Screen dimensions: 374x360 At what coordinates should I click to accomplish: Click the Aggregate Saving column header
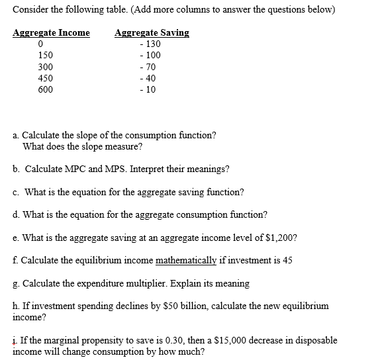coord(152,33)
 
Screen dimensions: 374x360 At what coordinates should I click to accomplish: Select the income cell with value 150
coord(46,56)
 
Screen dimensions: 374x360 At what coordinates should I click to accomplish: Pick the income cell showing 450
coord(46,78)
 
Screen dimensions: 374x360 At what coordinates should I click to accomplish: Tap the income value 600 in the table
coord(46,89)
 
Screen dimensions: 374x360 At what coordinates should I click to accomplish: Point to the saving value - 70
coord(149,67)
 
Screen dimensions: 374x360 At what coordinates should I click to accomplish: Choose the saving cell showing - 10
coord(149,89)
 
